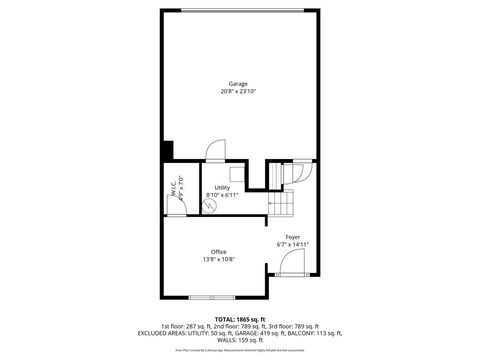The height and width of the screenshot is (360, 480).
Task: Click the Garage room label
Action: tap(237, 85)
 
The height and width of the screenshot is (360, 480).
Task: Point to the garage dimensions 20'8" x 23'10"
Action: tap(237, 92)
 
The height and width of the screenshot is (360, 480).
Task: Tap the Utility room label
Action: tap(222, 187)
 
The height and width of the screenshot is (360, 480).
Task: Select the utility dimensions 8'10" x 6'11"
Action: tap(222, 195)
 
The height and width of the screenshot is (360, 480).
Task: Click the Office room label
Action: tap(218, 251)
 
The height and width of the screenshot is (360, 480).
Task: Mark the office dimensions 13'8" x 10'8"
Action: tap(218, 259)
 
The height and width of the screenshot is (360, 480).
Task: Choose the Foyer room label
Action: tap(292, 237)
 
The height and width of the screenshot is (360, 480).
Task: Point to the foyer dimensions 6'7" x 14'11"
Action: tap(292, 244)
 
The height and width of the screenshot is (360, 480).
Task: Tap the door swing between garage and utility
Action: tap(214, 149)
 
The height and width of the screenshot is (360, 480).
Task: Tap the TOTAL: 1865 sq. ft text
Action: tap(239, 318)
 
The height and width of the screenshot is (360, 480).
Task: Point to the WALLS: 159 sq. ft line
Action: tap(239, 340)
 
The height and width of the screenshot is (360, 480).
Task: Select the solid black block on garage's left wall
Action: tap(168, 151)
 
